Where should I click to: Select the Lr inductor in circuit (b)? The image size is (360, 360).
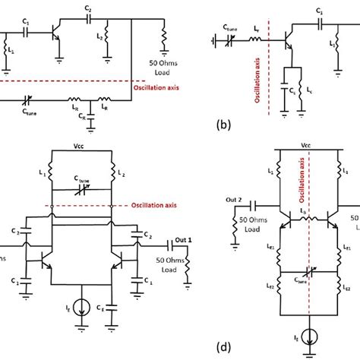257,33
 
